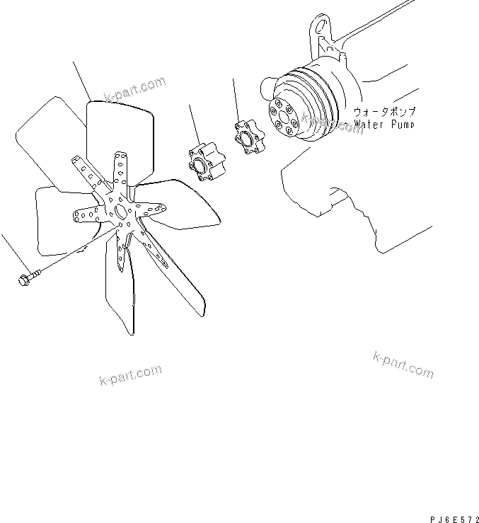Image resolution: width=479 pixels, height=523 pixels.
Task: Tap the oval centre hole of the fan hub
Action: coord(121,211)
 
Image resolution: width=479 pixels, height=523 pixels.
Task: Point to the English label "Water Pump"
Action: coord(385,124)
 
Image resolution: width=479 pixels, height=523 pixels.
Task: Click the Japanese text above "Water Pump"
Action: coord(384,112)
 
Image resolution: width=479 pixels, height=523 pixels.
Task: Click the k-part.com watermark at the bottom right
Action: coord(403,364)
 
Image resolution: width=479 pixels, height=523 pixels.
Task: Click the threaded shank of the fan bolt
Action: coord(39,273)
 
